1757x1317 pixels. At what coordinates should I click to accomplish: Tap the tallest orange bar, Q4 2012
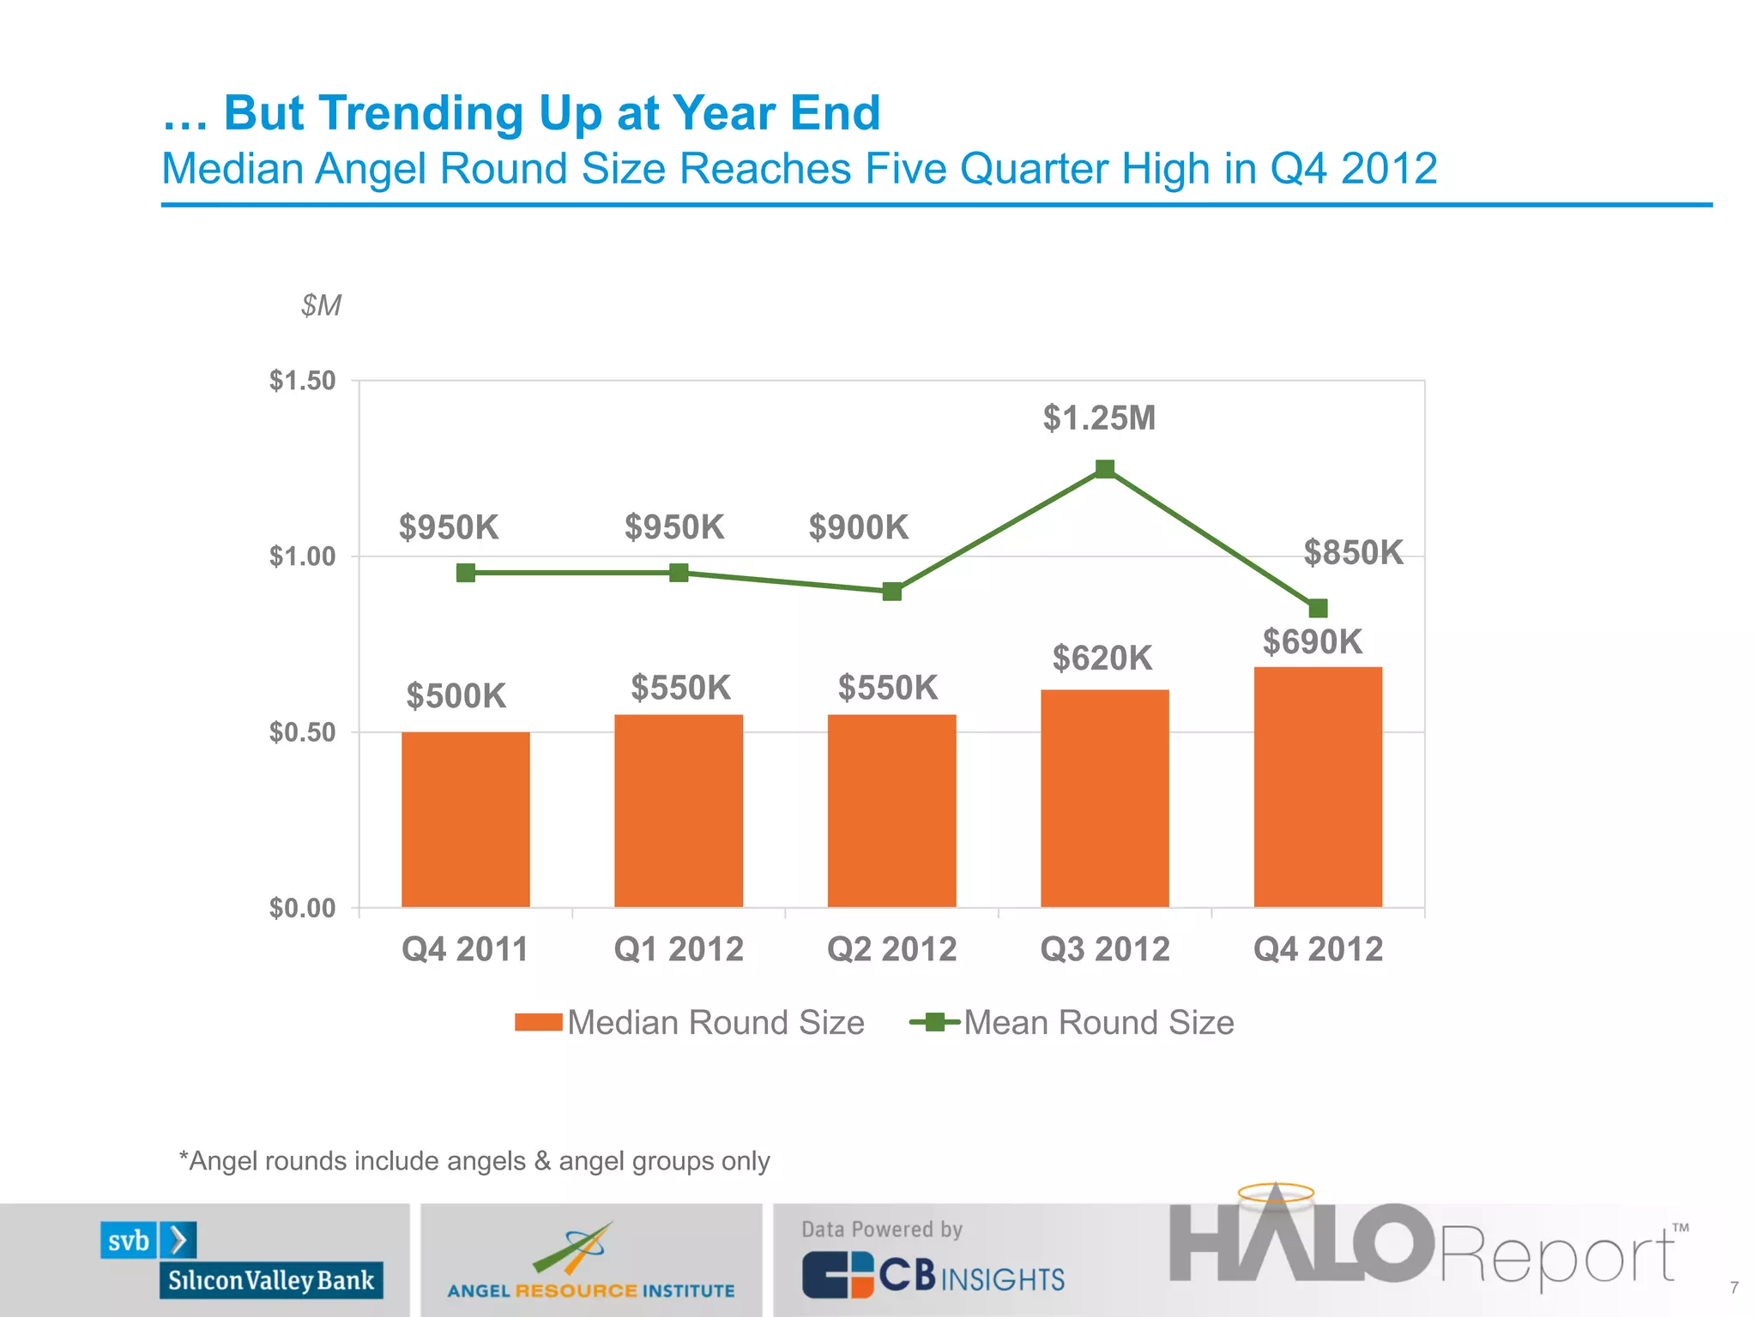click(1318, 786)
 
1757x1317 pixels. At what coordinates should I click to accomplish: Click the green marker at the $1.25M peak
click(1105, 469)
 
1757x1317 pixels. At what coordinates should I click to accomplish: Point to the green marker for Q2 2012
click(892, 592)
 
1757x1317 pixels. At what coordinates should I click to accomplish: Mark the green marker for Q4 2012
click(1319, 609)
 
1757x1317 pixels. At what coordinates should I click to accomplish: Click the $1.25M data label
click(1099, 418)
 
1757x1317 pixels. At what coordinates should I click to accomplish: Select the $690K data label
click(1312, 641)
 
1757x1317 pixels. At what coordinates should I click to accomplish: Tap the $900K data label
click(858, 527)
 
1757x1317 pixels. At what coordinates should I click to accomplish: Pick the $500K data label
click(456, 695)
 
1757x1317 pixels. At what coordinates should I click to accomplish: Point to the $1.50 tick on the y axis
click(302, 381)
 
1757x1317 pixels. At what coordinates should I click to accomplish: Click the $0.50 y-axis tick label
click(302, 732)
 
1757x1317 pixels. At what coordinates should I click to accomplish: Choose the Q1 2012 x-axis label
click(679, 949)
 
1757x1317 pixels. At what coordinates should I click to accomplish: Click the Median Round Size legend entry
click(691, 1022)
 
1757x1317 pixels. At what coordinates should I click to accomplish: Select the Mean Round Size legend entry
click(1072, 1022)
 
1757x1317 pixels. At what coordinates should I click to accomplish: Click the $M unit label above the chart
click(321, 305)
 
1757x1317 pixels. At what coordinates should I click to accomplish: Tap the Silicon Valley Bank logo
click(242, 1260)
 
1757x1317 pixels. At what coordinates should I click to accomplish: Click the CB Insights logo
click(933, 1274)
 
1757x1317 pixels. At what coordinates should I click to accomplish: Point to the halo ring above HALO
click(1276, 1192)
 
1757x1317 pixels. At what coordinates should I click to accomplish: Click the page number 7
click(1734, 1288)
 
